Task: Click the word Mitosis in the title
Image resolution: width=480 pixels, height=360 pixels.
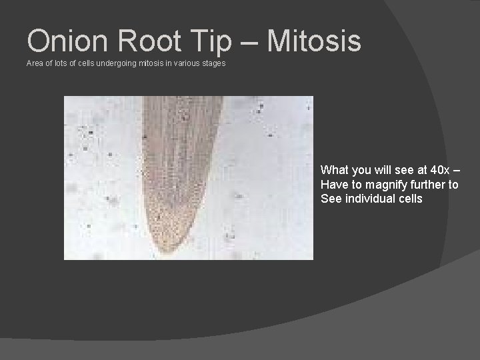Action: pyautogui.click(x=314, y=41)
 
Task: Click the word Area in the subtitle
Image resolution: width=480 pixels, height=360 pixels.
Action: pyautogui.click(x=34, y=63)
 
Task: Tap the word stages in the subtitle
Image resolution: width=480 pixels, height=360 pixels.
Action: pyautogui.click(x=213, y=63)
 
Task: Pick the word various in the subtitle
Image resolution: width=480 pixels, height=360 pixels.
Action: pyautogui.click(x=185, y=63)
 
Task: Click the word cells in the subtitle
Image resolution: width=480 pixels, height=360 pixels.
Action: pyautogui.click(x=79, y=63)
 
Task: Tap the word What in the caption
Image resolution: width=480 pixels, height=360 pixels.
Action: pyautogui.click(x=334, y=169)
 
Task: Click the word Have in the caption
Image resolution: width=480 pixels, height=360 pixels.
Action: pyautogui.click(x=333, y=184)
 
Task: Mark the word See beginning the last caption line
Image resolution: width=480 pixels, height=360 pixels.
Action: pyautogui.click(x=331, y=199)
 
